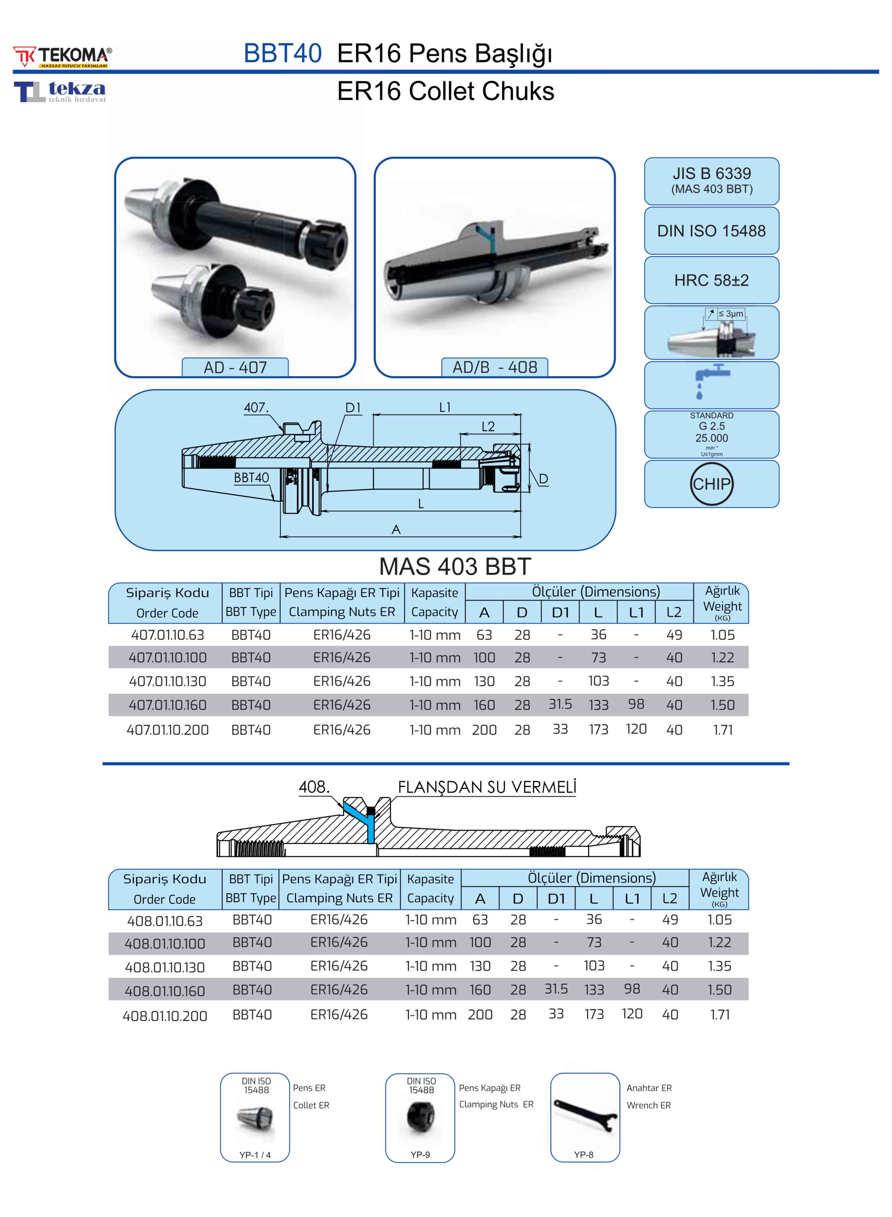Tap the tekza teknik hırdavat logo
[x=60, y=92]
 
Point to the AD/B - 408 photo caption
[x=495, y=367]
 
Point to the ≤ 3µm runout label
[x=731, y=314]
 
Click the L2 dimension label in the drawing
[x=488, y=427]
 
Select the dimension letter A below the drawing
[x=396, y=530]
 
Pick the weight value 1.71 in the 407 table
[x=723, y=730]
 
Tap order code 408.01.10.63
[x=165, y=921]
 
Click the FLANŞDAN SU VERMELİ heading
[x=487, y=788]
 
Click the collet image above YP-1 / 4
[x=255, y=1119]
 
